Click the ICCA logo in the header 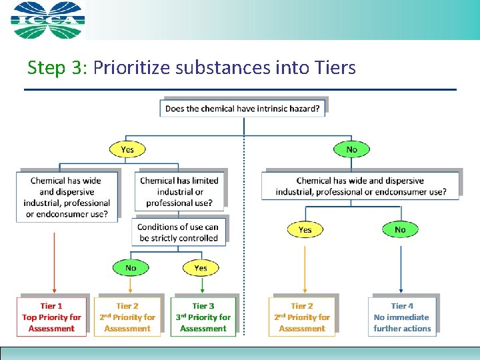click(48, 20)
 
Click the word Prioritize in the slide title click(136, 67)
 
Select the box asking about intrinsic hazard click(243, 108)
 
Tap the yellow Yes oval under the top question click(127, 149)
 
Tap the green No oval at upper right click(351, 149)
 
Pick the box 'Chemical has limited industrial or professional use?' click(179, 191)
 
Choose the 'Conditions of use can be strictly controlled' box click(178, 232)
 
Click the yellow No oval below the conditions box click(130, 268)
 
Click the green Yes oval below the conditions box click(200, 268)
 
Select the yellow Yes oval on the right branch click(305, 229)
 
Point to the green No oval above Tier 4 click(399, 229)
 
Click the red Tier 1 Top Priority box click(52, 317)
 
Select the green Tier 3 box click(203, 317)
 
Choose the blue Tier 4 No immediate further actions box click(402, 317)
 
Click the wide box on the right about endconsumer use click(361, 186)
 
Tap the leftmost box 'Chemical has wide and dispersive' click(67, 197)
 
